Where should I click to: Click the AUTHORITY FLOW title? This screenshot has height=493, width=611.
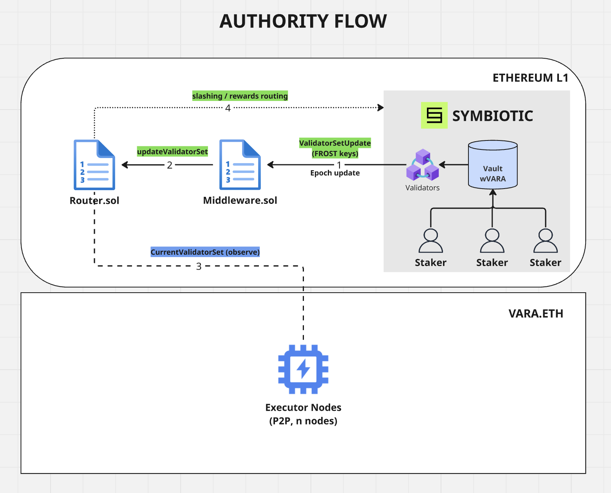(x=303, y=21)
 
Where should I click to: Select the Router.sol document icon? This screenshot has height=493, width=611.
(x=94, y=165)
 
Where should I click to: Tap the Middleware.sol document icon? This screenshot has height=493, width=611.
(x=240, y=165)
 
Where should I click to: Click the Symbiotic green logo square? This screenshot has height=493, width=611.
(x=434, y=115)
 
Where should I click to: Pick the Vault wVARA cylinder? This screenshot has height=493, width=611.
(x=493, y=165)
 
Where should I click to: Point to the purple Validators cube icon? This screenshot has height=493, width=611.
(x=422, y=165)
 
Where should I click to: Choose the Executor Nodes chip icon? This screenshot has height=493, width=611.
(x=303, y=369)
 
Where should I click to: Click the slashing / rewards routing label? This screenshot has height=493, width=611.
(x=240, y=96)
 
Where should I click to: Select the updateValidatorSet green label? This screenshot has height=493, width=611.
(x=172, y=151)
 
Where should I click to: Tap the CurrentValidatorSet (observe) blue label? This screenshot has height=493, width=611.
(x=205, y=252)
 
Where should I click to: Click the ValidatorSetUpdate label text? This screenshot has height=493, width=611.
(x=335, y=143)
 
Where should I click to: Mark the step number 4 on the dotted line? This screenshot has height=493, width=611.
(x=228, y=108)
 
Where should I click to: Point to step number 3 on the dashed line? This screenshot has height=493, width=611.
(x=199, y=266)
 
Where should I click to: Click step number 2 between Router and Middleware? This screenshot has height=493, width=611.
(x=170, y=165)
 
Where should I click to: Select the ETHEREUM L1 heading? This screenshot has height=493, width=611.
(x=530, y=78)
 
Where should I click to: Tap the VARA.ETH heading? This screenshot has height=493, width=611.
(x=536, y=313)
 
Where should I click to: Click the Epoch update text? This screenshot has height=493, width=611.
(x=335, y=173)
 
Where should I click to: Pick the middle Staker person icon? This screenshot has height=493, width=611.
(x=492, y=241)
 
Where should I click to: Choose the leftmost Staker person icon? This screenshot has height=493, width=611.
(x=430, y=241)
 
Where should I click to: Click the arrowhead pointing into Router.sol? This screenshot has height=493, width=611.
(x=125, y=165)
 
